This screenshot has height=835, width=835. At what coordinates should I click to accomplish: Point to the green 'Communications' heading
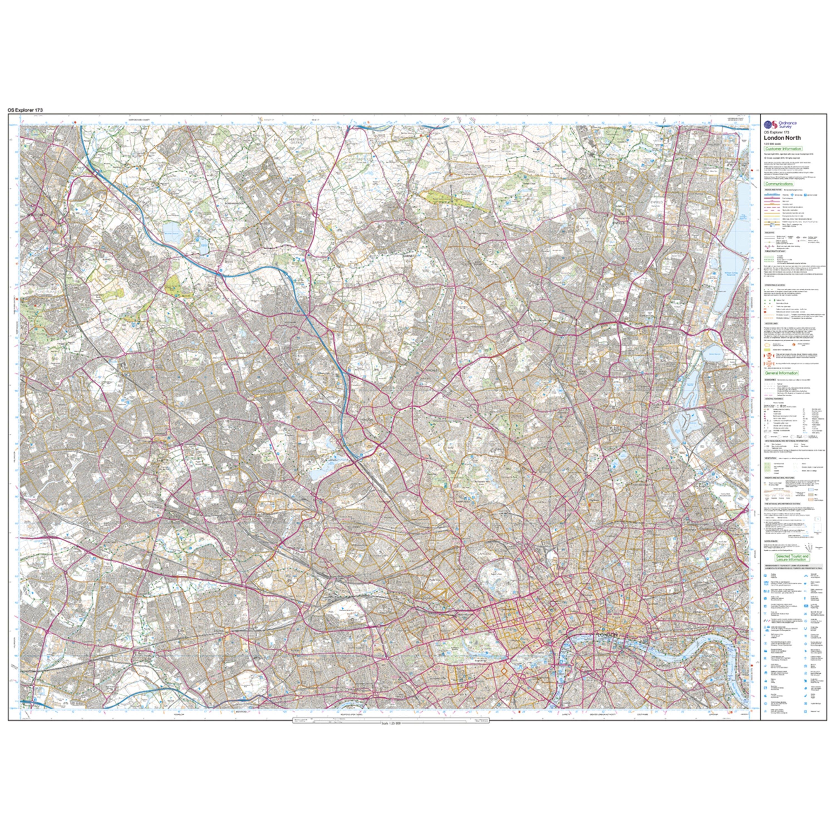(x=778, y=184)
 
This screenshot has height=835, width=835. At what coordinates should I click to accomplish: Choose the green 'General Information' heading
(x=781, y=373)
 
